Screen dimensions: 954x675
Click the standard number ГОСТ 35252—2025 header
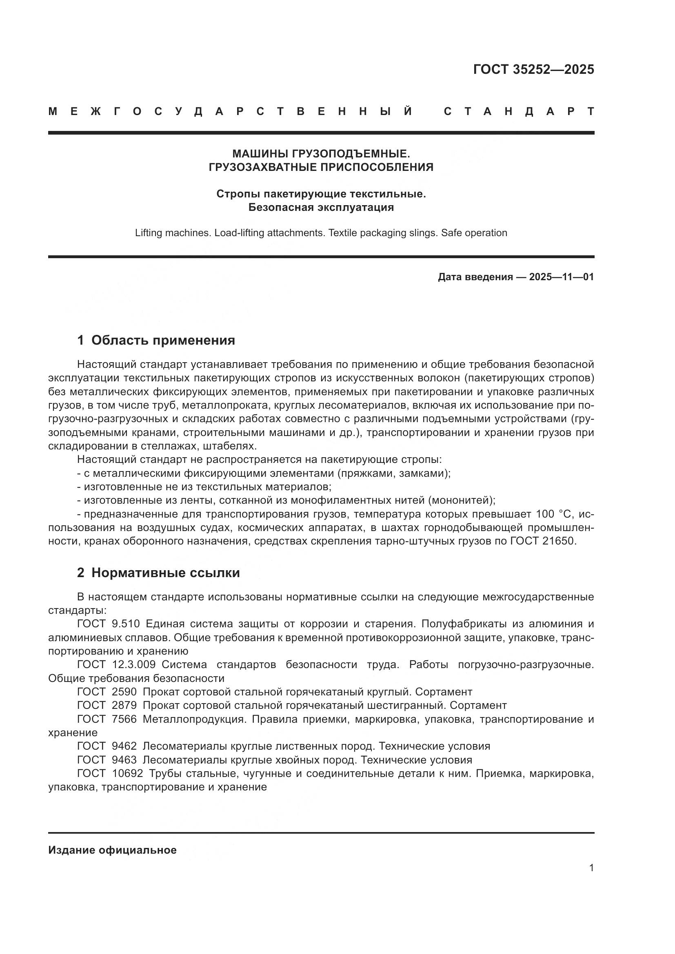pyautogui.click(x=533, y=69)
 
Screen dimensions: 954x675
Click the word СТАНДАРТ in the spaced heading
pyautogui.click(x=519, y=111)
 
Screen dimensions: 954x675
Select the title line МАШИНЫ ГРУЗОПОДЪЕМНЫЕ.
pyautogui.click(x=321, y=154)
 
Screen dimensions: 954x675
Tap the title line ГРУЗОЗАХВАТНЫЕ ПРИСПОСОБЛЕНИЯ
pyautogui.click(x=321, y=167)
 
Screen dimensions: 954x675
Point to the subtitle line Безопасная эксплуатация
pyautogui.click(x=321, y=207)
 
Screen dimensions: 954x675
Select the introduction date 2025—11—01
pyautogui.click(x=561, y=277)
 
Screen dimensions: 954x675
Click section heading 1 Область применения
pyautogui.click(x=156, y=340)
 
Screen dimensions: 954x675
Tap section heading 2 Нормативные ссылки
pyautogui.click(x=158, y=573)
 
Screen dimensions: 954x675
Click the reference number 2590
pyautogui.click(x=124, y=692)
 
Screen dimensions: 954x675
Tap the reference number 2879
pyautogui.click(x=124, y=705)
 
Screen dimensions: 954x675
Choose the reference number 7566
pyautogui.click(x=124, y=719)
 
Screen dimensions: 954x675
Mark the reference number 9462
pyautogui.click(x=124, y=746)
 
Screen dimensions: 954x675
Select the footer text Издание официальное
pyautogui.click(x=112, y=850)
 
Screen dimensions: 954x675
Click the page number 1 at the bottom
pyautogui.click(x=591, y=868)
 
